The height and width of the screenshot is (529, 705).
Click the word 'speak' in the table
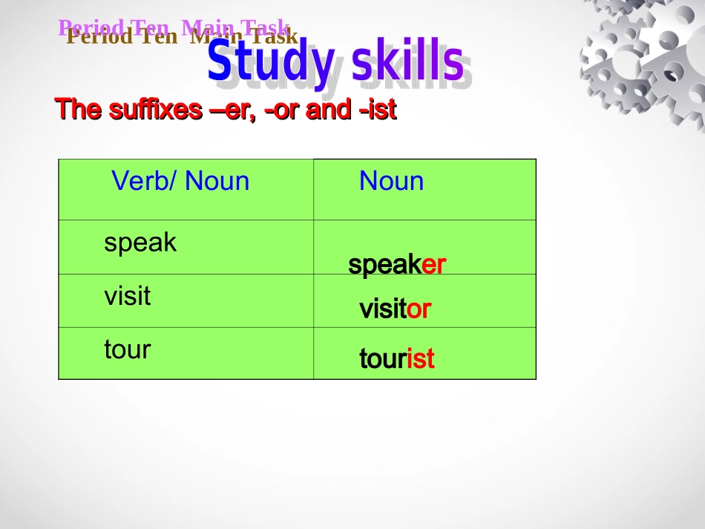click(140, 243)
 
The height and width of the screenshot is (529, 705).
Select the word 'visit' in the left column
click(127, 296)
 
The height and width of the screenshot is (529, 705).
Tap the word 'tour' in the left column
click(127, 349)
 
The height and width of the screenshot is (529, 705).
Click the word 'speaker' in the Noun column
click(397, 265)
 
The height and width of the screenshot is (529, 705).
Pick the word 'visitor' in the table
click(395, 309)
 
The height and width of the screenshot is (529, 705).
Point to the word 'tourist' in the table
click(396, 359)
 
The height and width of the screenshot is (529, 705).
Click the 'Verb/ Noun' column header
click(180, 181)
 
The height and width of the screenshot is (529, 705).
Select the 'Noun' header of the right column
click(391, 181)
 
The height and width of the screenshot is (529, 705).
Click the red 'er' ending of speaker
click(433, 265)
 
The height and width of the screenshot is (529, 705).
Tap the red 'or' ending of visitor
click(419, 309)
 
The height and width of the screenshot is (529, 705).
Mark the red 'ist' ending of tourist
click(420, 359)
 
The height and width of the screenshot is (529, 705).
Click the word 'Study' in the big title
click(270, 63)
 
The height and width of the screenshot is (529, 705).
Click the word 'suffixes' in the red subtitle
click(154, 110)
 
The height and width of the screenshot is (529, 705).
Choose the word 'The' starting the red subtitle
click(78, 110)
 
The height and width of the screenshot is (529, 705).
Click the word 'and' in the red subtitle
click(328, 110)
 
